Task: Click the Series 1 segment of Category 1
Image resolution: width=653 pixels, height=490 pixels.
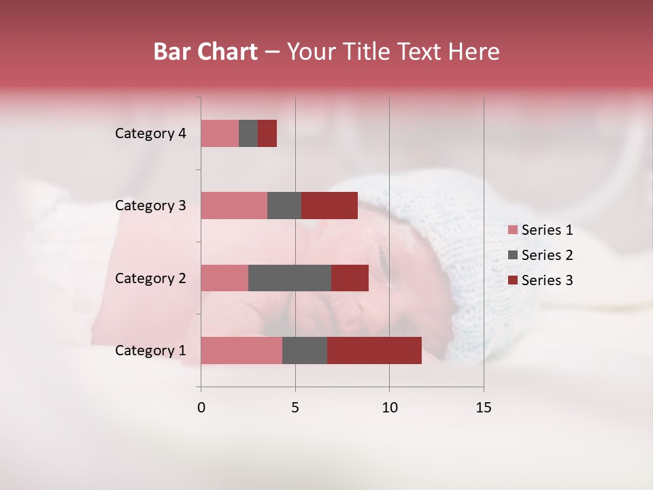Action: point(241,350)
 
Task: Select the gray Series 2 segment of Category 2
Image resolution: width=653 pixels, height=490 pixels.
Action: point(290,278)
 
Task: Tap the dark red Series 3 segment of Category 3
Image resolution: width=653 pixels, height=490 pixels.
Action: point(329,206)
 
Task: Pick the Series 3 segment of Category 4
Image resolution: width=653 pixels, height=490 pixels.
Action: point(267,133)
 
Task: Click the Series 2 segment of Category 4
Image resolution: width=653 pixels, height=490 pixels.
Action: point(248,133)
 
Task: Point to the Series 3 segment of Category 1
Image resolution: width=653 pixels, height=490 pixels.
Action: point(374,350)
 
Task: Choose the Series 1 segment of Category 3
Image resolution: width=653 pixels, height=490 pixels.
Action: point(234,206)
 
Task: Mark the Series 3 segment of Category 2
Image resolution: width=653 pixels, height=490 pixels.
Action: point(350,278)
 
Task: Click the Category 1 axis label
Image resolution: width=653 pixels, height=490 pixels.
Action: point(150,350)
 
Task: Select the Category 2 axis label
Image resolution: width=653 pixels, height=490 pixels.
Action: point(150,278)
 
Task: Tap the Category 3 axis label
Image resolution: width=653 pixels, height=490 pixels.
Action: point(150,206)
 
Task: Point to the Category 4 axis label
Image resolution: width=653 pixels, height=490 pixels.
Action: point(150,133)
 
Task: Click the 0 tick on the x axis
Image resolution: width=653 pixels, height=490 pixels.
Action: point(201,408)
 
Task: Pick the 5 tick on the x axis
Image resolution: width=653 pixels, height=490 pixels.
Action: point(295,408)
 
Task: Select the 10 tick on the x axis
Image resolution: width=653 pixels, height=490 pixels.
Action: point(389,408)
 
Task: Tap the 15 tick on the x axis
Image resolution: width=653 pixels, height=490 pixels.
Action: point(484,408)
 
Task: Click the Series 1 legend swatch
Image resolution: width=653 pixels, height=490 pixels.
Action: point(513,230)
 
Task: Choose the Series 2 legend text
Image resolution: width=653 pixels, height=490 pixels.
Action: point(547,255)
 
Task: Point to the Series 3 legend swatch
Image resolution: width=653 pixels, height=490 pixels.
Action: point(513,280)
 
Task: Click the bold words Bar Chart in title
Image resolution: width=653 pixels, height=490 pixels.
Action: point(205,52)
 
